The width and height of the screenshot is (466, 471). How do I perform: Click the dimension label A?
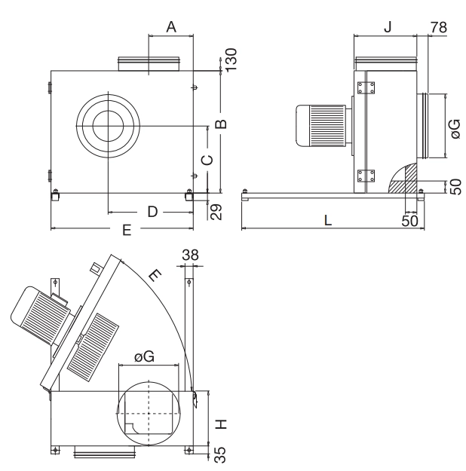(x=171, y=26)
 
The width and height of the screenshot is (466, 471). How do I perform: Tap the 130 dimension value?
(x=231, y=60)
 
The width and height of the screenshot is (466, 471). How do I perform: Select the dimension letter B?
(x=221, y=124)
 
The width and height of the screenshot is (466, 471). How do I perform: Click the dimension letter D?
(x=152, y=212)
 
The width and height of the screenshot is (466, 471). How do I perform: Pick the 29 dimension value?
(x=215, y=212)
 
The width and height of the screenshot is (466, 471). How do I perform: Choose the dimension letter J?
(x=388, y=27)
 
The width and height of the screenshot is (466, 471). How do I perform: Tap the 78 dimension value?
(x=439, y=27)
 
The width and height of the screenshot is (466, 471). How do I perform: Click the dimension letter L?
(x=328, y=220)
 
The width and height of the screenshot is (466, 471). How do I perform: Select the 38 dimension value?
(x=190, y=255)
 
